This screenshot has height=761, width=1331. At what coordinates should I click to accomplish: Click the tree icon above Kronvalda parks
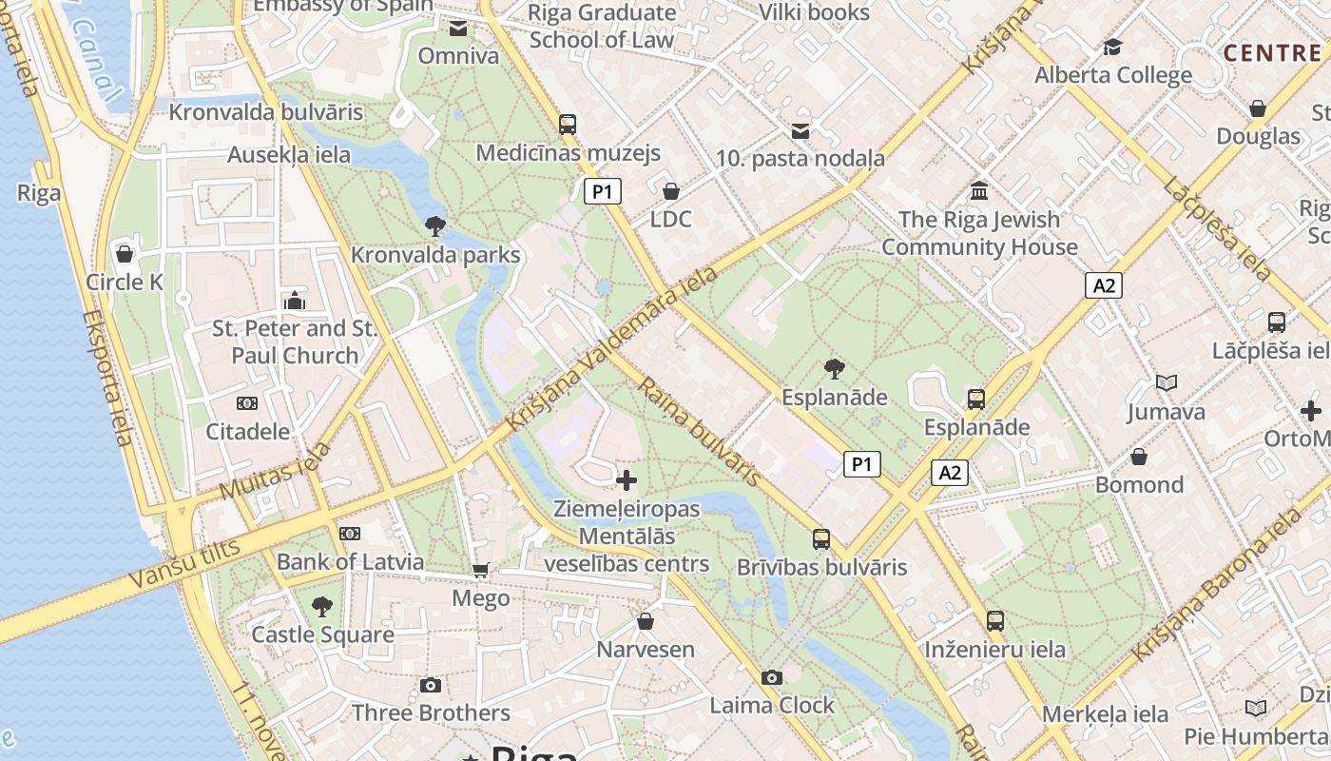click(435, 225)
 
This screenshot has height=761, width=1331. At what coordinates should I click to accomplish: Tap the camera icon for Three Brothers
click(431, 685)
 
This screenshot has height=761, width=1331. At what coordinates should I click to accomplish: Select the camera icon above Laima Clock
click(772, 677)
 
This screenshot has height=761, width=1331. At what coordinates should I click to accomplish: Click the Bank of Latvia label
click(350, 561)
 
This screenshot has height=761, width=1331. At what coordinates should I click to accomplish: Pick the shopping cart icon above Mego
click(481, 570)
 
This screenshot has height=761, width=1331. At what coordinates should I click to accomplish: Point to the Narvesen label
click(645, 650)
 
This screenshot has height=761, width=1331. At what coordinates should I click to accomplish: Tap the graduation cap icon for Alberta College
click(1112, 47)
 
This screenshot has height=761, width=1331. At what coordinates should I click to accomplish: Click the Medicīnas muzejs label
click(568, 153)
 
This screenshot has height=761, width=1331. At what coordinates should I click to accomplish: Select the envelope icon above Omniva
click(458, 29)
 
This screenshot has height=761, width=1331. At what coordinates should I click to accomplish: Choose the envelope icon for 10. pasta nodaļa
click(801, 130)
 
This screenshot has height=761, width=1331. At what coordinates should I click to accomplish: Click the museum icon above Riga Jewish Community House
click(979, 190)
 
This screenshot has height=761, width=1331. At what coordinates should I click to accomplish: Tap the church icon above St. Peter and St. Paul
click(295, 301)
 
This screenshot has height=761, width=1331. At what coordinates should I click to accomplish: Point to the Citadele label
click(248, 431)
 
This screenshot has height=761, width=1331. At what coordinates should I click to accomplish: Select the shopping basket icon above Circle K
click(124, 254)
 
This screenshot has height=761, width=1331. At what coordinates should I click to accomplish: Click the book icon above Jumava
click(1166, 382)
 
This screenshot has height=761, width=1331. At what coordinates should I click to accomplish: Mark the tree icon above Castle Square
click(322, 606)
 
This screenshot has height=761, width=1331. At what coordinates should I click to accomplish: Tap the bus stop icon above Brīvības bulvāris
click(821, 539)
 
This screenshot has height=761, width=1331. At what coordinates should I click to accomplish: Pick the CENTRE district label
click(1275, 52)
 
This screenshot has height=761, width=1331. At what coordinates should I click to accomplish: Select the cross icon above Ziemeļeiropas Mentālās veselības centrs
click(627, 479)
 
